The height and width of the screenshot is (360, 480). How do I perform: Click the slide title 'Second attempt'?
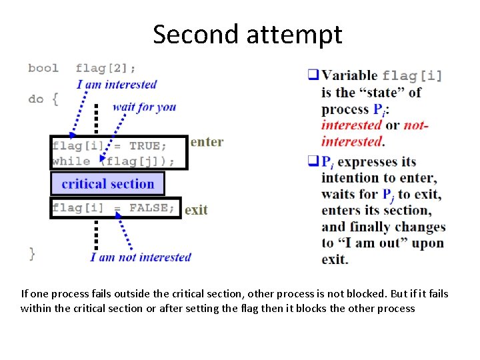[247, 35]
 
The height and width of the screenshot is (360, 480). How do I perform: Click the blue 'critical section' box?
[107, 184]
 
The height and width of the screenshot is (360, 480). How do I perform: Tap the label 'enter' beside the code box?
[207, 142]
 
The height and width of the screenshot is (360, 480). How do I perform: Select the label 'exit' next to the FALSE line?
[196, 210]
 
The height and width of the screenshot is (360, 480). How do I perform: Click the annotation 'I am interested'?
[117, 85]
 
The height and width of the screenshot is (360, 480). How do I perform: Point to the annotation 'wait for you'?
[144, 107]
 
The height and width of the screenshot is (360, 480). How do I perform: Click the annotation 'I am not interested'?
[141, 257]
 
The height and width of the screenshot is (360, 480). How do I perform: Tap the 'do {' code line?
[43, 99]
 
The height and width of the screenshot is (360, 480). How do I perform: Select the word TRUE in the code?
[144, 146]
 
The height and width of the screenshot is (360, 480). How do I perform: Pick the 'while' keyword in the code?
[71, 161]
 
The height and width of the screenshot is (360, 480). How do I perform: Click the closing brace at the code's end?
[32, 253]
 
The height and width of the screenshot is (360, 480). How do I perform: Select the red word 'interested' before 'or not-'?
[351, 125]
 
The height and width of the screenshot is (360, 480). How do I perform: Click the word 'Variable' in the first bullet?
[349, 76]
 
